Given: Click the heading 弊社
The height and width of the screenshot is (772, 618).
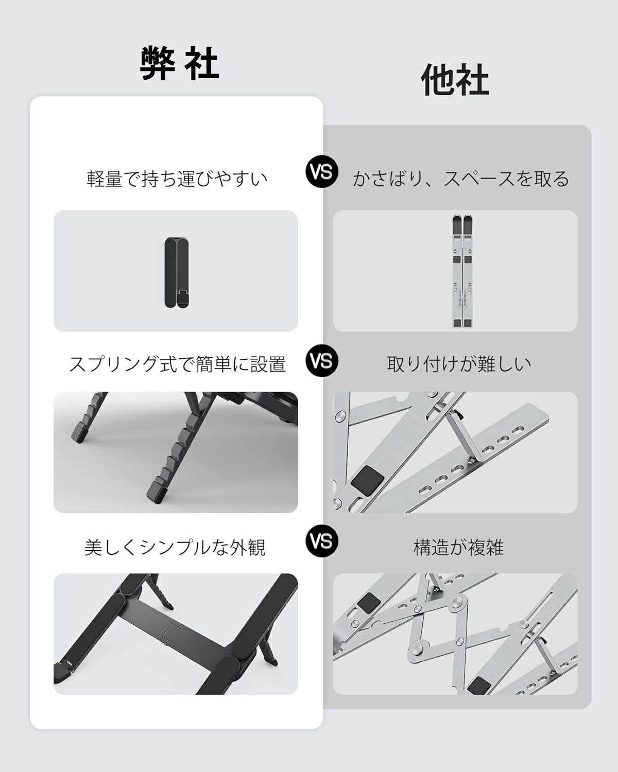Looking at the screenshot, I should pos(179,63).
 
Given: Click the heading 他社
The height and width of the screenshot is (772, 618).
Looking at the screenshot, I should pos(455,80).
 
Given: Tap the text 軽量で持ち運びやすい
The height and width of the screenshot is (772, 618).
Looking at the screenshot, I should pos(177,179).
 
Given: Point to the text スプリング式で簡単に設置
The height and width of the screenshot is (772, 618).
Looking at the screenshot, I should pos(177,364).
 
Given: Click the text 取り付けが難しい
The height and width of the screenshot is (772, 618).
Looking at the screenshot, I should pos(459,364).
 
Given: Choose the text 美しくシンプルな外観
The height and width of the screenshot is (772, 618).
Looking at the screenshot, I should pos(175,547).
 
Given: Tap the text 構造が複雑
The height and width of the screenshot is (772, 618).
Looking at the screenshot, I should pos(458,547).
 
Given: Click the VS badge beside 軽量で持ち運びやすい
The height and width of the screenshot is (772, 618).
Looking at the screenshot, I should pos(322,171).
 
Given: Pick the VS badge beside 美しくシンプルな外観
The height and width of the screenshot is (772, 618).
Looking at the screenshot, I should pos(322,540).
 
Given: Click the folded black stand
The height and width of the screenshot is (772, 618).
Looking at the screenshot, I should pos(176,272).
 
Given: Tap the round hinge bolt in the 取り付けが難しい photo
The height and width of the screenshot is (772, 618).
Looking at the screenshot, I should pos(341,415).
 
